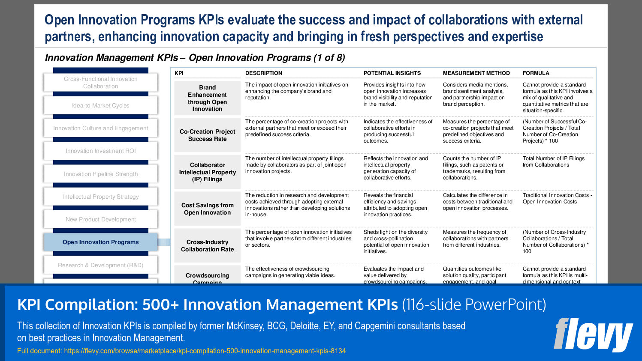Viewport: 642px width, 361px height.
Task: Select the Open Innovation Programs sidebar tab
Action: coord(101,242)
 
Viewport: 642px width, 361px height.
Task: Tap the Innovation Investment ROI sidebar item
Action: coord(101,151)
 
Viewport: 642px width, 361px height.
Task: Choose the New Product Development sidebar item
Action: coord(101,219)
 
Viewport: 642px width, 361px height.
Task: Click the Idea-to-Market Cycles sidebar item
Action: coord(101,105)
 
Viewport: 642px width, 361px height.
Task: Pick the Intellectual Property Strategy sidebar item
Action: coord(101,197)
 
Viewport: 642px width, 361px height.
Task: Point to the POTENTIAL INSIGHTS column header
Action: coord(392,73)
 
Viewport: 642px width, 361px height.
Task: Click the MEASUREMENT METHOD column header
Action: coord(476,73)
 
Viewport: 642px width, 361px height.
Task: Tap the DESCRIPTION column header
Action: coord(264,73)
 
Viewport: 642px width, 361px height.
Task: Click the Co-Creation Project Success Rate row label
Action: coord(208,135)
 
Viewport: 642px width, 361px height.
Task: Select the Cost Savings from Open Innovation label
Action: coord(208,209)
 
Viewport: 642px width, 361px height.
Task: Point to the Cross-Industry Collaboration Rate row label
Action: coord(208,246)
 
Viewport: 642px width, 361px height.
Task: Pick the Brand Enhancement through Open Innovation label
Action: coord(208,98)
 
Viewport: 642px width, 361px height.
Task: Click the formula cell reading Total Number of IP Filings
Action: coord(553,161)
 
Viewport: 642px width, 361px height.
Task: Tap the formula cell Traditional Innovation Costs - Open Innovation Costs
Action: coord(557,198)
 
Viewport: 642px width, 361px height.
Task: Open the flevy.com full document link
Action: coord(205,351)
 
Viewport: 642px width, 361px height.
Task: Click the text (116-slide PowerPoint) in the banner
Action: coord(474,304)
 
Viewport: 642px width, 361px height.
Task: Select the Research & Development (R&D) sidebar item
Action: coord(101,265)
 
